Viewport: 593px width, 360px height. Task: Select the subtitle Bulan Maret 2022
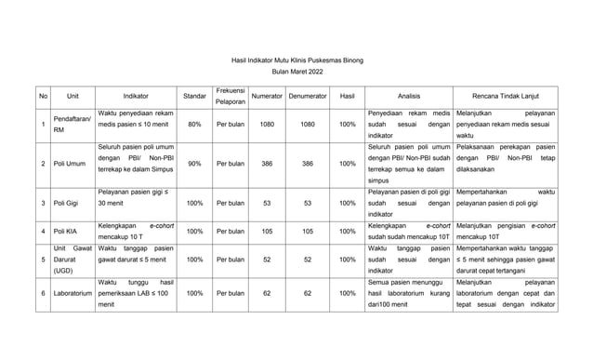pyautogui.click(x=296, y=72)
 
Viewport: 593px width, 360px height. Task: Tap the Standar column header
pyautogui.click(x=194, y=96)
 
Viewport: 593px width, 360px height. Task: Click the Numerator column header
pyautogui.click(x=267, y=96)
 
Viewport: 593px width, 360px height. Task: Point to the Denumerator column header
pyautogui.click(x=308, y=96)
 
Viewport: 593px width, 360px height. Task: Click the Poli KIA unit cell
pyautogui.click(x=66, y=231)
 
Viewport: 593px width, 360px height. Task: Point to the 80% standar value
pyautogui.click(x=194, y=124)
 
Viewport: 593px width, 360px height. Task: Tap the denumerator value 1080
pyautogui.click(x=308, y=124)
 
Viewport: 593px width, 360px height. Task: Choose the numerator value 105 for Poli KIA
pyautogui.click(x=267, y=231)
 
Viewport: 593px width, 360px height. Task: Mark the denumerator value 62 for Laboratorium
pyautogui.click(x=308, y=294)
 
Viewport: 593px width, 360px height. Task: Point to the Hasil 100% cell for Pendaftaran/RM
pyautogui.click(x=347, y=124)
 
